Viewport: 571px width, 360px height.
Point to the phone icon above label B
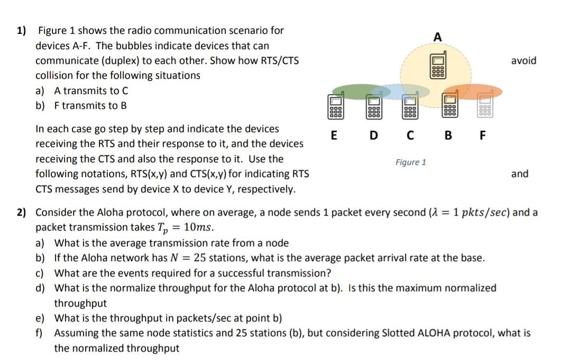(x=449, y=105)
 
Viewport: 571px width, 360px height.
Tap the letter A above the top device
(x=437, y=38)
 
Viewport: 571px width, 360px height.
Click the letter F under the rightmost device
(x=482, y=134)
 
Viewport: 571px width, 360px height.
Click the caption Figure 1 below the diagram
(x=411, y=162)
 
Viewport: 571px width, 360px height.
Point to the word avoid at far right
(x=523, y=61)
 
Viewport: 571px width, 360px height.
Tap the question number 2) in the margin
(x=21, y=213)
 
